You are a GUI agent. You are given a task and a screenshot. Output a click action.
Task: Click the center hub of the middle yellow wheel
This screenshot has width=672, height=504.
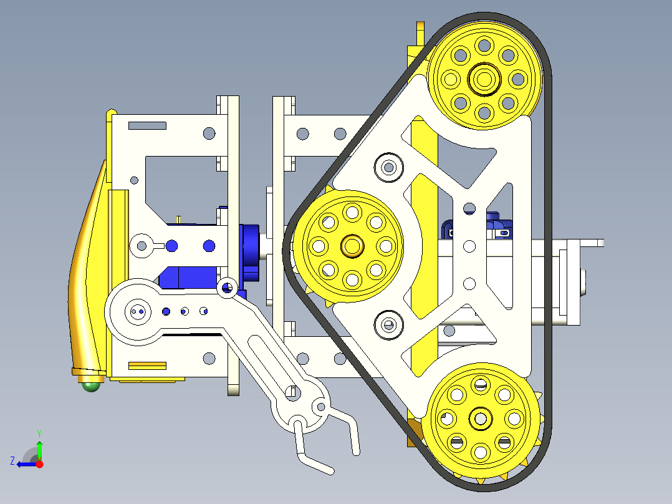pos(352,246)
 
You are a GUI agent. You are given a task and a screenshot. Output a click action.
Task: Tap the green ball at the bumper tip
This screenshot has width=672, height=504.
pos(92,386)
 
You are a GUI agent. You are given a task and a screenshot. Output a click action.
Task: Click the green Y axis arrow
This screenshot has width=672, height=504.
pos(39,447)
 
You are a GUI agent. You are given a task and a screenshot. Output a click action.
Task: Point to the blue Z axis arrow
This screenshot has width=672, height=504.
pos(24,463)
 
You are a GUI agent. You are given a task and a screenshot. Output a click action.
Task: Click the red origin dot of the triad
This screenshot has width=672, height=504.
pos(39,464)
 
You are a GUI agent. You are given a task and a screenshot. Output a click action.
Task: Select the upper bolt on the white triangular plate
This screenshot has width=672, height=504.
pos(388,167)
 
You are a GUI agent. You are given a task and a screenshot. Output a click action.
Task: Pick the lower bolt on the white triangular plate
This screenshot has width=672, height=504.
pos(388,324)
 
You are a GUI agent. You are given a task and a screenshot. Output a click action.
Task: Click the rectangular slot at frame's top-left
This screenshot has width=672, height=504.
pos(147,125)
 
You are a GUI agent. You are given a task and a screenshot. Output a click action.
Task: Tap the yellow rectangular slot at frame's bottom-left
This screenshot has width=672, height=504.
pos(147,366)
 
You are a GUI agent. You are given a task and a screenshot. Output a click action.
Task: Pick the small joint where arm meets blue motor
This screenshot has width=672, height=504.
pos(226,287)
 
